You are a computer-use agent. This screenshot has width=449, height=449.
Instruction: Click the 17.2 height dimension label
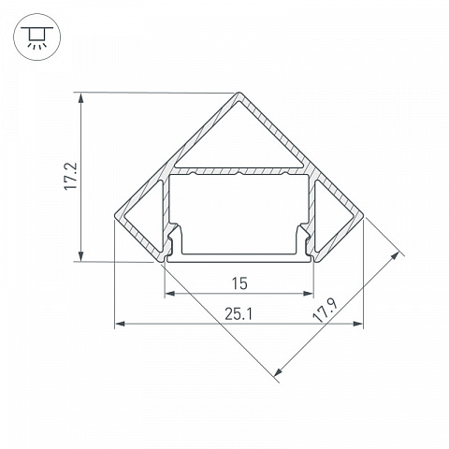click(x=70, y=176)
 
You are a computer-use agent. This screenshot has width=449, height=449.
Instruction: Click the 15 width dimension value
click(x=239, y=283)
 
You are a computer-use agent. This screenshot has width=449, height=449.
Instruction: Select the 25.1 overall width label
click(x=239, y=314)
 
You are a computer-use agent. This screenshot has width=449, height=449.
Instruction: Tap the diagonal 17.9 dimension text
click(x=325, y=311)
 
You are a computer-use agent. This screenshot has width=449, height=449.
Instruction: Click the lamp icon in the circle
click(x=37, y=37)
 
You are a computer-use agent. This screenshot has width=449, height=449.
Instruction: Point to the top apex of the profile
click(x=239, y=93)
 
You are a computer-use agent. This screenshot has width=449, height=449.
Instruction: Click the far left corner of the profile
click(x=114, y=215)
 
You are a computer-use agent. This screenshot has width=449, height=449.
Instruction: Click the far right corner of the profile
click(x=364, y=215)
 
